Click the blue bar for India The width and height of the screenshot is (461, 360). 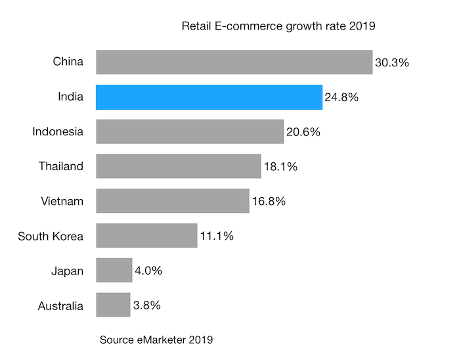pyautogui.click(x=209, y=97)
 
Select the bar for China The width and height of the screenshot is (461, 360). pyautogui.click(x=234, y=62)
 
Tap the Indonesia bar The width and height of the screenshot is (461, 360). pyautogui.click(x=190, y=131)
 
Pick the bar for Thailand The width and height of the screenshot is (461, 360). pyautogui.click(x=179, y=166)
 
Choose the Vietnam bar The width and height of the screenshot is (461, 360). pyautogui.click(x=173, y=201)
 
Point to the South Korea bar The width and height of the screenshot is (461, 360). pyautogui.click(x=146, y=236)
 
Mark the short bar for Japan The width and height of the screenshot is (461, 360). pyautogui.click(x=114, y=270)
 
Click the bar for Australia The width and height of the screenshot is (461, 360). pyautogui.click(x=113, y=305)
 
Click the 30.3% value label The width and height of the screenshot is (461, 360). pyautogui.click(x=392, y=62)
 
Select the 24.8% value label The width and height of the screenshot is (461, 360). pyautogui.click(x=341, y=97)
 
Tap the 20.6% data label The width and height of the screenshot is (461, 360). pyautogui.click(x=303, y=132)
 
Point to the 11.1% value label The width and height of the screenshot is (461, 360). pyautogui.click(x=217, y=236)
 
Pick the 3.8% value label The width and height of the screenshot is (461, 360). pyautogui.click(x=146, y=305)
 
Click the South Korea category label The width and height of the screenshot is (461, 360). pyautogui.click(x=51, y=236)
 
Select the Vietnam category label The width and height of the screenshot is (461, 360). pyautogui.click(x=62, y=201)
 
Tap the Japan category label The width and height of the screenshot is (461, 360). pyautogui.click(x=68, y=271)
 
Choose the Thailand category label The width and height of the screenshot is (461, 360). pyautogui.click(x=61, y=166)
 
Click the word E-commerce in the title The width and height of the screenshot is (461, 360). pyautogui.click(x=248, y=26)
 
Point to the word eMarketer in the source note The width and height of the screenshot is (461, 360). pyautogui.click(x=162, y=340)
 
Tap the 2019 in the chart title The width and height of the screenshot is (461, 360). pyautogui.click(x=362, y=26)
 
